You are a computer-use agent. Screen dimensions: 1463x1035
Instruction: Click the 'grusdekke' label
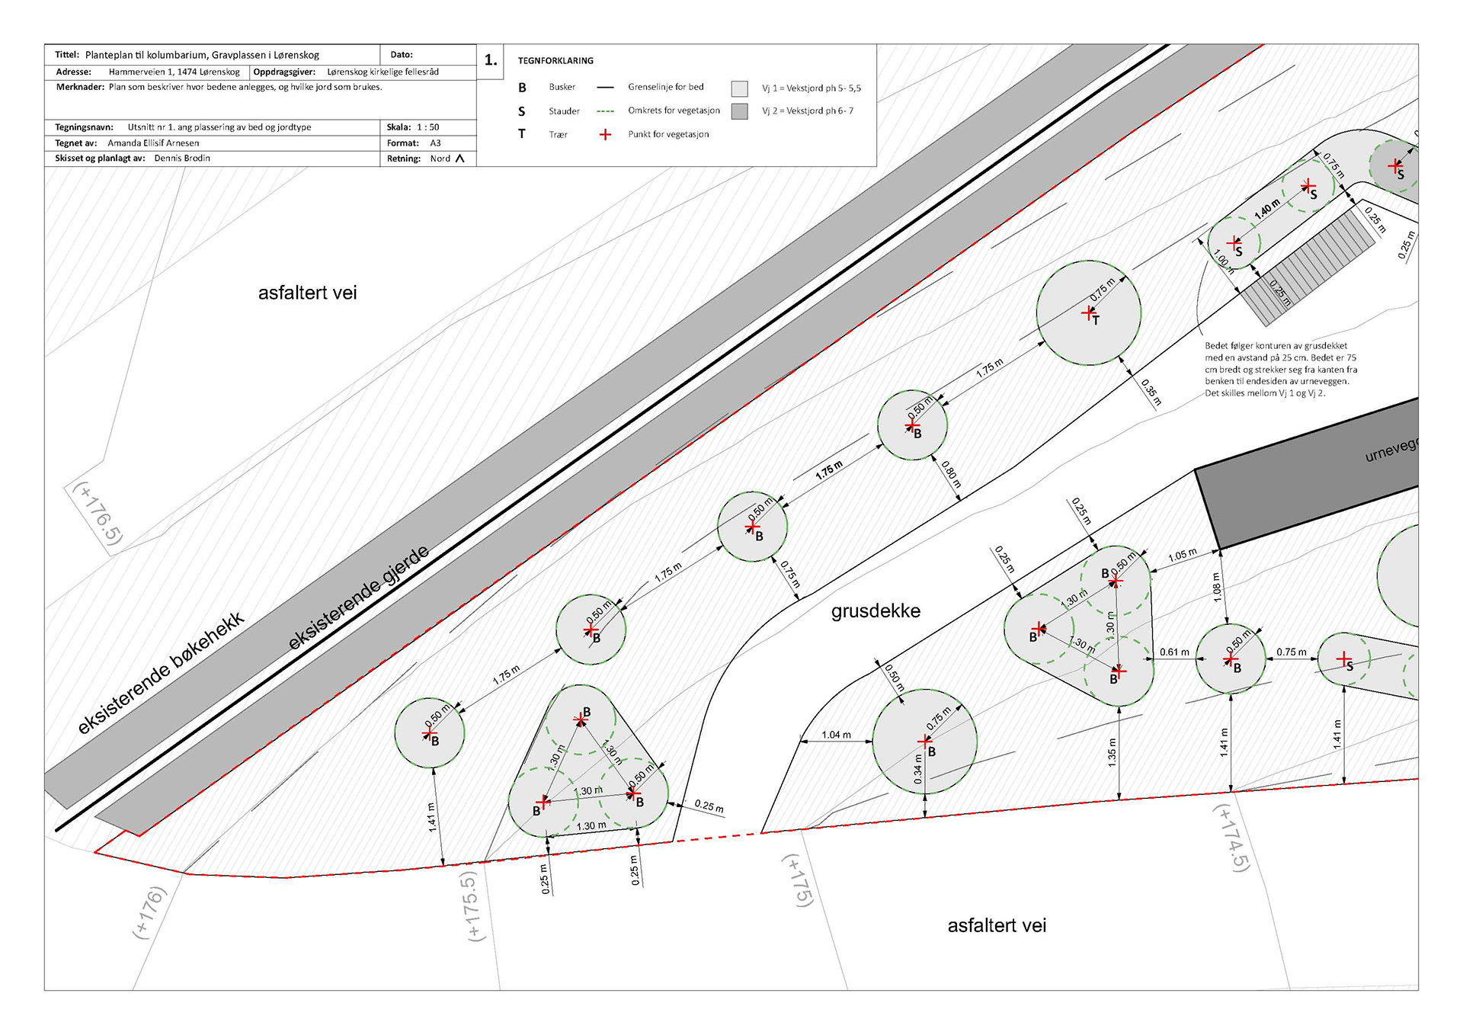(x=876, y=611)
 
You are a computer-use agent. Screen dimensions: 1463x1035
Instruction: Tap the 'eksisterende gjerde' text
(x=358, y=598)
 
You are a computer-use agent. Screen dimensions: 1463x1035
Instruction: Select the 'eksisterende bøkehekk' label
(x=161, y=672)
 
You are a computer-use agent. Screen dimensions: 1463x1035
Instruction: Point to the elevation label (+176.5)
(x=98, y=513)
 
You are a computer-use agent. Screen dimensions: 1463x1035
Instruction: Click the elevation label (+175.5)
(x=472, y=906)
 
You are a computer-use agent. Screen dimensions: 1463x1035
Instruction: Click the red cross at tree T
(x=1088, y=312)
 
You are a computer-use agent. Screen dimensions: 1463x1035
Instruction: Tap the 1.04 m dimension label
(x=836, y=735)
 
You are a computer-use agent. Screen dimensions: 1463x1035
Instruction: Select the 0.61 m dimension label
(x=1174, y=652)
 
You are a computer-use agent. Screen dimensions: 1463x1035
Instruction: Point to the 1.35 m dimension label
(x=1112, y=752)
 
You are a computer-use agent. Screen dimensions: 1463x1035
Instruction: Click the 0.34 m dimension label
(x=918, y=769)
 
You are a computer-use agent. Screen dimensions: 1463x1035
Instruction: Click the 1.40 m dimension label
(x=1267, y=209)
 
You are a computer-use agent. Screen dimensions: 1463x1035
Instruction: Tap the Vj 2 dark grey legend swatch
(x=739, y=111)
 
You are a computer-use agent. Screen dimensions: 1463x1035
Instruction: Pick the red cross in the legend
(x=605, y=135)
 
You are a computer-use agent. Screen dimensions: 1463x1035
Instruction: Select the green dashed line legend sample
(x=605, y=111)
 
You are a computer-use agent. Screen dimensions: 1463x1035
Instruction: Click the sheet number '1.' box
(x=491, y=60)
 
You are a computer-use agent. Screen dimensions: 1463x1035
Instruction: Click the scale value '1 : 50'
(x=427, y=127)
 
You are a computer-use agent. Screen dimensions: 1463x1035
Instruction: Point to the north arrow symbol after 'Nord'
(x=459, y=159)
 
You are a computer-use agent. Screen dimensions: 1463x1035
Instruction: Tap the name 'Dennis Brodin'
(x=182, y=159)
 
